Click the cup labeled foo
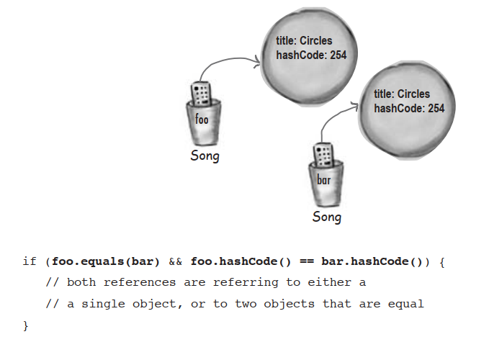(x=203, y=123)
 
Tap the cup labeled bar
(x=326, y=184)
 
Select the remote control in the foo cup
(x=201, y=94)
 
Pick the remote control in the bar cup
(x=323, y=155)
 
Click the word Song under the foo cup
(x=205, y=156)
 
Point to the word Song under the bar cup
(x=327, y=217)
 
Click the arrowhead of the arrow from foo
(x=257, y=61)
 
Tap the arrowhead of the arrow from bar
(x=355, y=106)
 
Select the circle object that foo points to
(x=309, y=57)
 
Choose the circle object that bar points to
(x=407, y=110)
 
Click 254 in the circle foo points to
(x=338, y=55)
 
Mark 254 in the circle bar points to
(x=436, y=109)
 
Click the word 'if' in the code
(x=30, y=261)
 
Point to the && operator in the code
(x=175, y=261)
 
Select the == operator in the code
(x=306, y=261)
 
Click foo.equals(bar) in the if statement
(x=106, y=261)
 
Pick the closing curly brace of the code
(x=26, y=326)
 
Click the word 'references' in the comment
(x=140, y=282)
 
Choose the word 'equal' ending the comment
(x=405, y=305)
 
